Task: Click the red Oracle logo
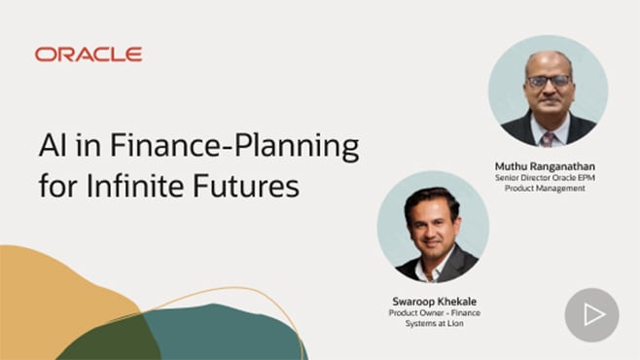click(x=89, y=54)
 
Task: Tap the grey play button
click(x=591, y=314)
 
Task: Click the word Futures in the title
click(x=247, y=185)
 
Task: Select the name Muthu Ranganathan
click(x=547, y=166)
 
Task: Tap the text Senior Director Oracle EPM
click(x=547, y=179)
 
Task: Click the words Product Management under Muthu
click(x=547, y=191)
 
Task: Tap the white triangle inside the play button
click(x=593, y=314)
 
